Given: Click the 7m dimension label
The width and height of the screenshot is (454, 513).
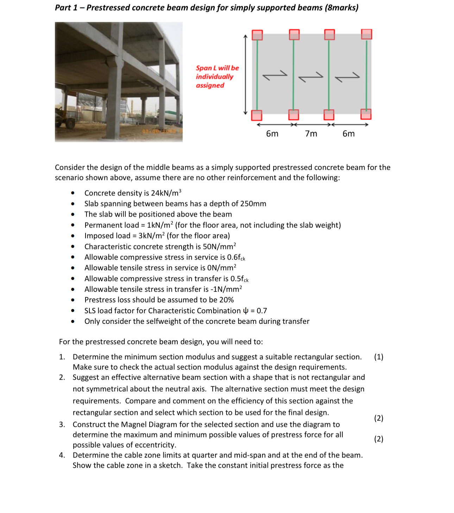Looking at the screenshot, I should tap(311, 134).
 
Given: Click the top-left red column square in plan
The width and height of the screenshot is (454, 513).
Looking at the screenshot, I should tap(257, 35).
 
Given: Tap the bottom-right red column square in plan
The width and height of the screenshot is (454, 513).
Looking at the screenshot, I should tap(366, 114).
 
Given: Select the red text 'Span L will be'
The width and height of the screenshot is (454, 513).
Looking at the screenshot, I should tap(217, 68).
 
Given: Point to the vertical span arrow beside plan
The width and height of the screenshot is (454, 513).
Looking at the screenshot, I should tap(246, 75).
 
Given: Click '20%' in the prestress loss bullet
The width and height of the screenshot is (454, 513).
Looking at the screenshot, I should tap(226, 300).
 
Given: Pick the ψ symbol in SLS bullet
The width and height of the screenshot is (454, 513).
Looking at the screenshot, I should tap(246, 311).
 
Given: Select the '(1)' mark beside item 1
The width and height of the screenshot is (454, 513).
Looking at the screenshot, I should tap(379, 357).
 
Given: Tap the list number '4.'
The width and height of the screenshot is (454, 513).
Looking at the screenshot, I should tap(62, 455).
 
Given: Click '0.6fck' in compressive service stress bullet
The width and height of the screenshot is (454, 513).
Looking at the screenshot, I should tap(236, 257).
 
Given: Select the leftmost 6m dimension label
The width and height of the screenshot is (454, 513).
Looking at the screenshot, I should tap(272, 134).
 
